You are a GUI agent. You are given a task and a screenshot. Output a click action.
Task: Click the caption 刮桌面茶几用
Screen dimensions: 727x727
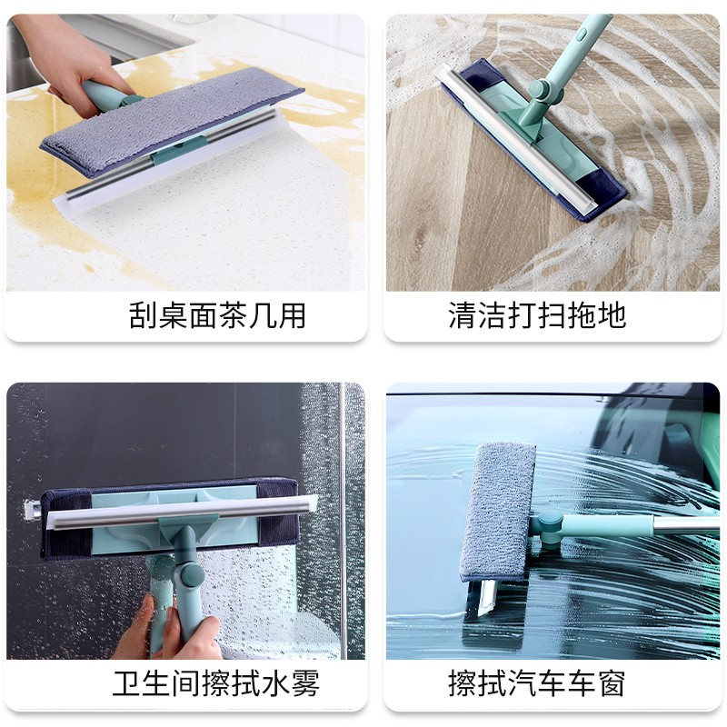pyautogui.click(x=217, y=315)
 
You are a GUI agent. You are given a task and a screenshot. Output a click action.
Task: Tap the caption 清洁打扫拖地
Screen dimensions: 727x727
pyautogui.click(x=537, y=315)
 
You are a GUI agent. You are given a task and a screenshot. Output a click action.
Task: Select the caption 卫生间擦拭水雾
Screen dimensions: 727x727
pyautogui.click(x=216, y=683)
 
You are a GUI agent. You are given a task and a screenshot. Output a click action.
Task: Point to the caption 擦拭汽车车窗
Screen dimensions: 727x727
pyautogui.click(x=537, y=683)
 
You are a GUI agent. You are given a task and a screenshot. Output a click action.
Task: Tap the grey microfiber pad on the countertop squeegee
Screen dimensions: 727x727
pyautogui.click(x=172, y=121)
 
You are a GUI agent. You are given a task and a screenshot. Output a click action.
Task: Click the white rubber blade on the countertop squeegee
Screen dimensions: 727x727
pyautogui.click(x=172, y=164)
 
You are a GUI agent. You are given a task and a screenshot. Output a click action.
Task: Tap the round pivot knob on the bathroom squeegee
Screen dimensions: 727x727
pyautogui.click(x=191, y=573)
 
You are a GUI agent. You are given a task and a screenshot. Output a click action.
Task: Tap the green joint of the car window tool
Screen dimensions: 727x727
pyautogui.click(x=550, y=529)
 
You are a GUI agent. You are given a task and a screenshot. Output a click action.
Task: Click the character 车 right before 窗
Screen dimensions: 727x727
pyautogui.click(x=582, y=683)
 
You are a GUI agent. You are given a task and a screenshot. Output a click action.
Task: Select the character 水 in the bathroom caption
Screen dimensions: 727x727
pyautogui.click(x=274, y=683)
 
